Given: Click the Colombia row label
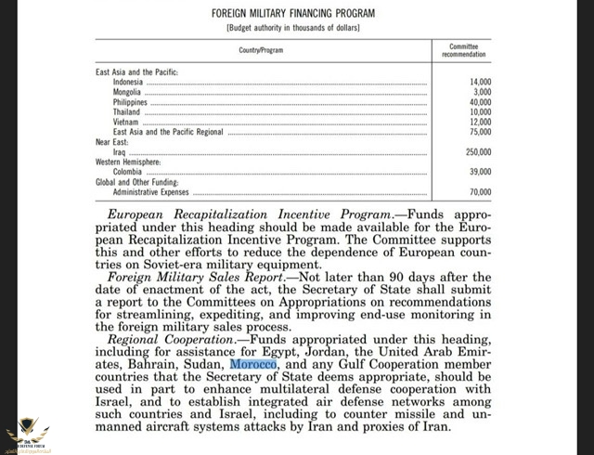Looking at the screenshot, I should tap(129, 171).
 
